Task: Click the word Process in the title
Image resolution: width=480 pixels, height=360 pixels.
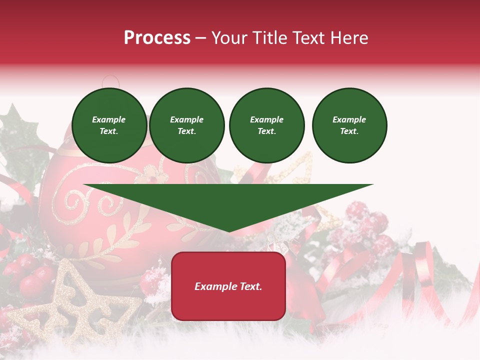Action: [x=157, y=38]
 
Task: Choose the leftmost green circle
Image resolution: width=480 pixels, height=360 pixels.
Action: [x=109, y=125]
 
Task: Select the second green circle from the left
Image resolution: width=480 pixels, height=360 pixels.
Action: [x=187, y=125]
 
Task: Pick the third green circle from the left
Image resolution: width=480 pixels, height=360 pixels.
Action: [x=266, y=125]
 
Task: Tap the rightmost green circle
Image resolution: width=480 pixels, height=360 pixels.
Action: [x=349, y=125]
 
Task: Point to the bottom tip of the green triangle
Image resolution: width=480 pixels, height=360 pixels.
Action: [x=229, y=231]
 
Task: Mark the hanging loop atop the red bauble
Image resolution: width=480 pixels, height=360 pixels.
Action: [x=111, y=81]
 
